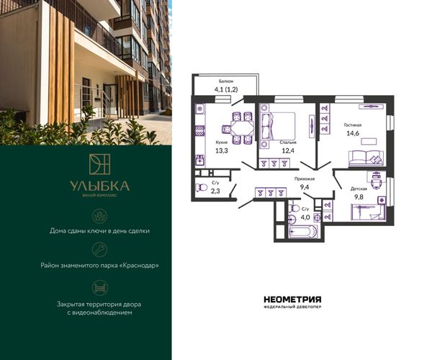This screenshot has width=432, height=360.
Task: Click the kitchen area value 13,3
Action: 222,150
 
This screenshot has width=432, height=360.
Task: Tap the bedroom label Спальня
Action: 288,143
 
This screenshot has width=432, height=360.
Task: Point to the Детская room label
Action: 359,189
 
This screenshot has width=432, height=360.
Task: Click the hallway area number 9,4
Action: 305,188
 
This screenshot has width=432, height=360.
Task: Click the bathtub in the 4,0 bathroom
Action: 303,231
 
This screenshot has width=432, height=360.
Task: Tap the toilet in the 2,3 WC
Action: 202,188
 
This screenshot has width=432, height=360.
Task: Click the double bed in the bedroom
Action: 278,126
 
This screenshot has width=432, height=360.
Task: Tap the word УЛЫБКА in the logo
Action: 99,186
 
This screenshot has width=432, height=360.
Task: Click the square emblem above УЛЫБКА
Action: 99,164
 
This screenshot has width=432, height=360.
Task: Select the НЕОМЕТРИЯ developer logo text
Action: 292,300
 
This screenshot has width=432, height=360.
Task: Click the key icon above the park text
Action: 100,250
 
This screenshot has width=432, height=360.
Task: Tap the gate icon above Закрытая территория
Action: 100,288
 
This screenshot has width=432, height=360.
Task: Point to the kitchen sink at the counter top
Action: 200,109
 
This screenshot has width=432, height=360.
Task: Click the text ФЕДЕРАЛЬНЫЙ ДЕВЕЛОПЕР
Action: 292,307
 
